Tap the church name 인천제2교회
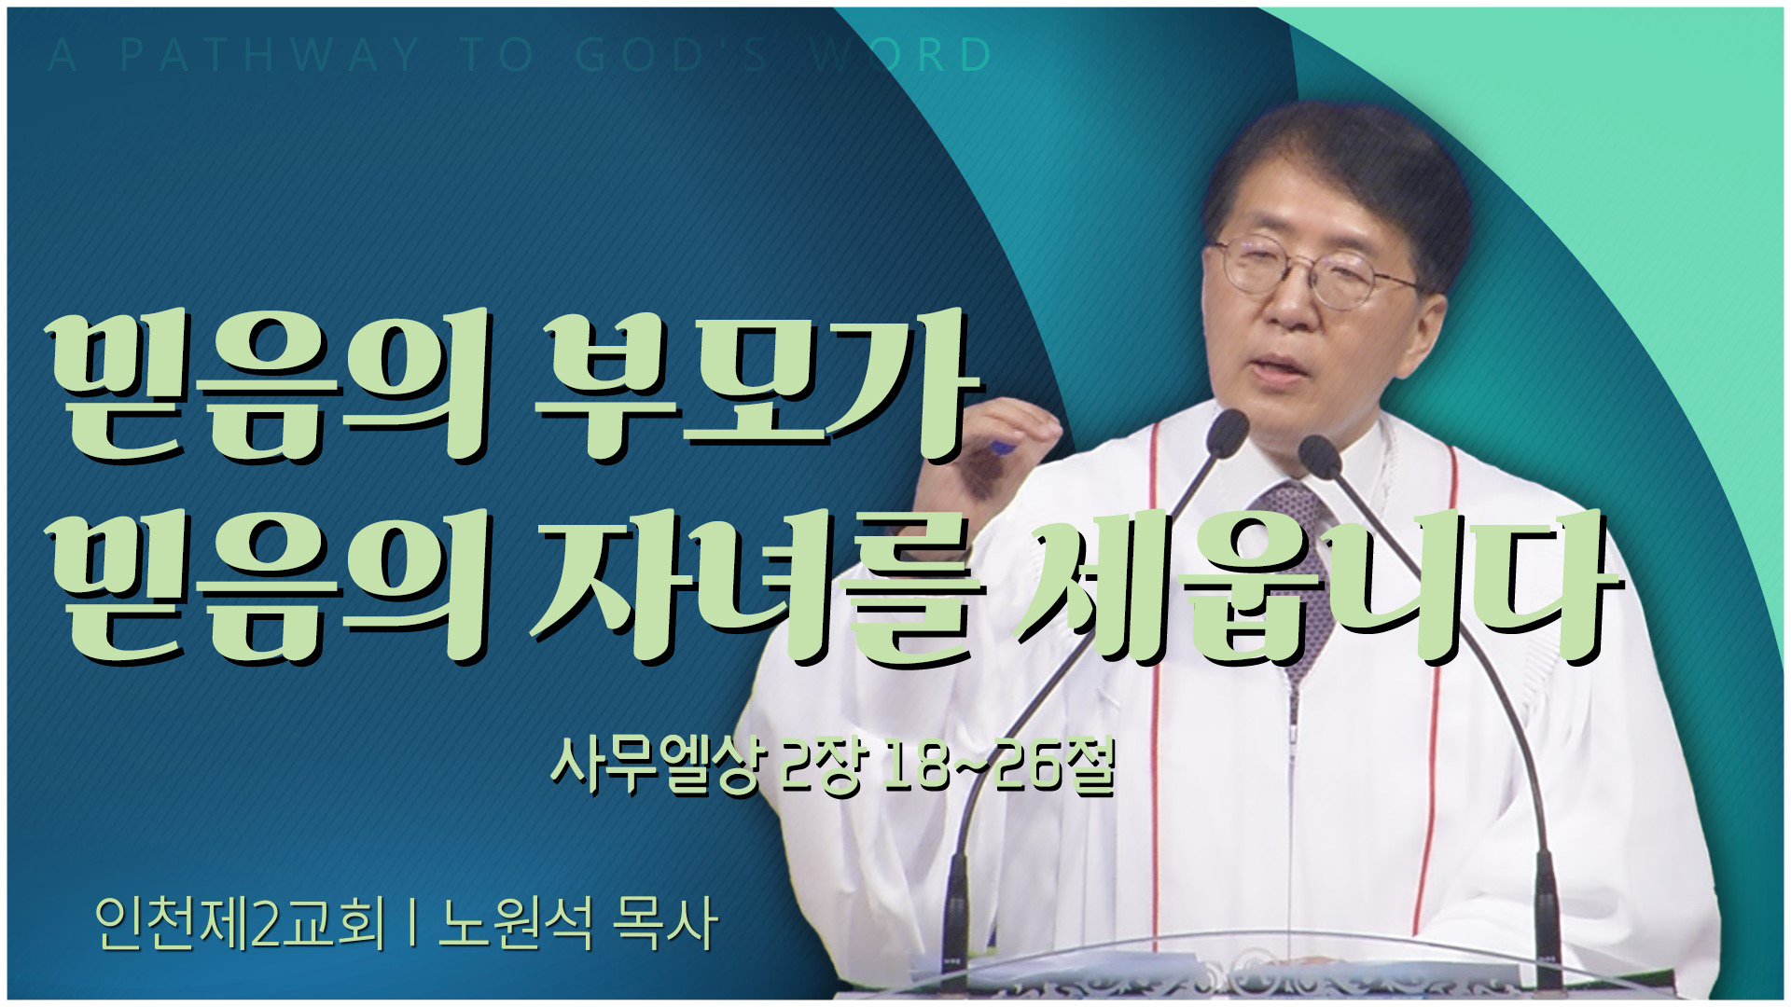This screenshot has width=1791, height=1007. (240, 924)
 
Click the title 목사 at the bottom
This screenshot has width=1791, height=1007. (665, 924)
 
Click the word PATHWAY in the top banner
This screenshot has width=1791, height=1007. (271, 56)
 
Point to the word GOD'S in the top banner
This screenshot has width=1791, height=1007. (672, 56)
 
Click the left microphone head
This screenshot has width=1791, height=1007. (1228, 434)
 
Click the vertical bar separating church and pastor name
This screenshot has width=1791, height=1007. (411, 924)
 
